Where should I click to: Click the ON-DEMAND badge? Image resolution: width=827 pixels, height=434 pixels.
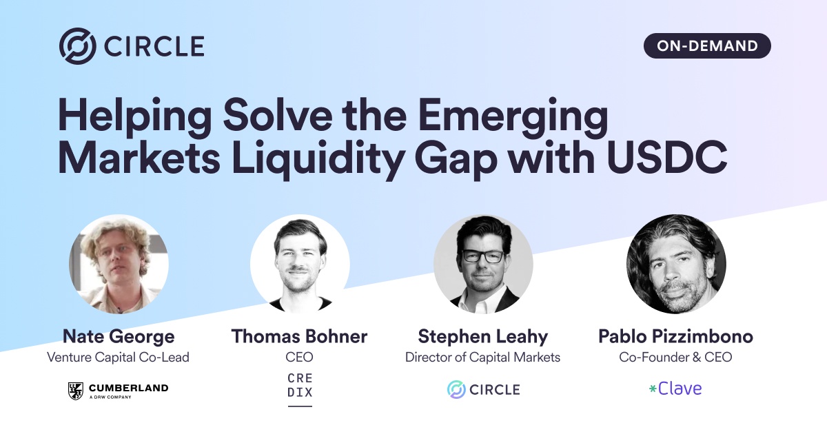[707, 45]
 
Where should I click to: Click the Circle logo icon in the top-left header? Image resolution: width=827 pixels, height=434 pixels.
[78, 45]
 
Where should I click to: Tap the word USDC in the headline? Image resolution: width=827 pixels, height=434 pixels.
[667, 157]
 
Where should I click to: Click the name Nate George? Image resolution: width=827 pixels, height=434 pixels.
[119, 337]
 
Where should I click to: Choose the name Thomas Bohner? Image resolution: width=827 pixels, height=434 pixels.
[299, 336]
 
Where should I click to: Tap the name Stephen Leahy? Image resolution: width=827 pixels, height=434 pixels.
[483, 337]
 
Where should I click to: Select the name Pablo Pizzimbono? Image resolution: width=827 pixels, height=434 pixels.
[675, 336]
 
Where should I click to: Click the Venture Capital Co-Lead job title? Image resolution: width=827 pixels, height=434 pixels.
[118, 358]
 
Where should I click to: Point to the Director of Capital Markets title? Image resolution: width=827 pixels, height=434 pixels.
[482, 358]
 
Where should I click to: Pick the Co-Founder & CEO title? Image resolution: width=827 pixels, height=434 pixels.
[675, 358]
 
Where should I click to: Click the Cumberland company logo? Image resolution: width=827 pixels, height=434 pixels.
[118, 391]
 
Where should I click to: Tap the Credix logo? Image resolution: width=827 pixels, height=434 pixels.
[300, 389]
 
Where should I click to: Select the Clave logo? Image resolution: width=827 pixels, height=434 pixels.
[675, 389]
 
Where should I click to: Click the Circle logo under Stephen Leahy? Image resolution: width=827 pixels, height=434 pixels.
[483, 390]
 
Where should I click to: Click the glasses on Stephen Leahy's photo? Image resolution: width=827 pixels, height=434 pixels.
[483, 256]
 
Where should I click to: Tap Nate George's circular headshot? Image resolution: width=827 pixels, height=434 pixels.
[119, 265]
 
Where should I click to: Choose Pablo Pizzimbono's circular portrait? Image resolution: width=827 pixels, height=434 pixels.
[676, 265]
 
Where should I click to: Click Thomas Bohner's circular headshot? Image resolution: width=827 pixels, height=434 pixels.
[300, 265]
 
